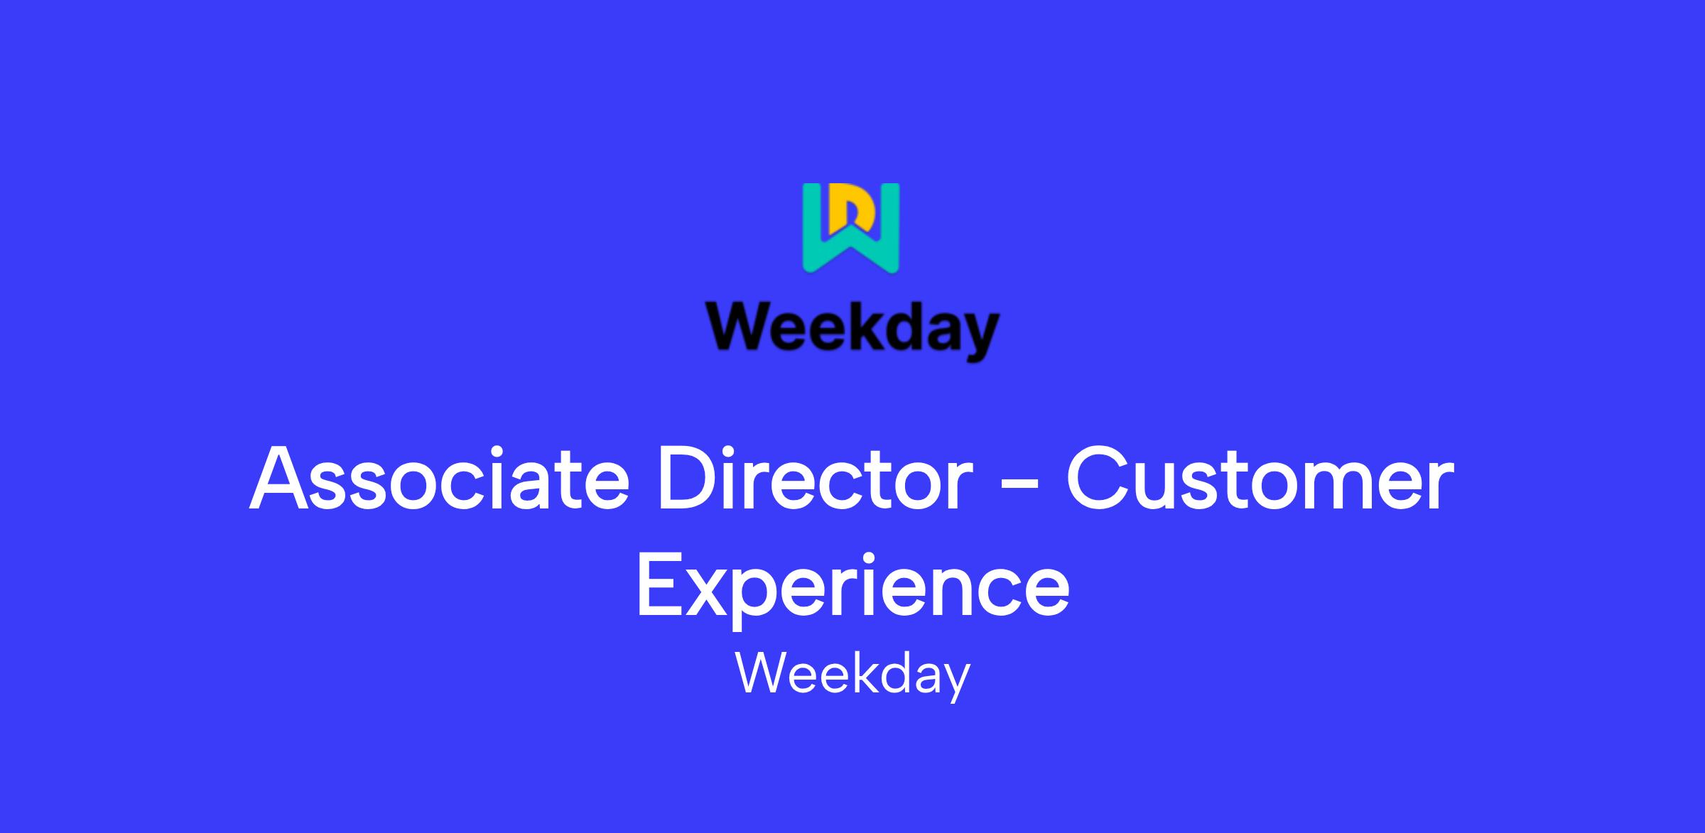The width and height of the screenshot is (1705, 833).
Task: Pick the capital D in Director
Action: point(687,479)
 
